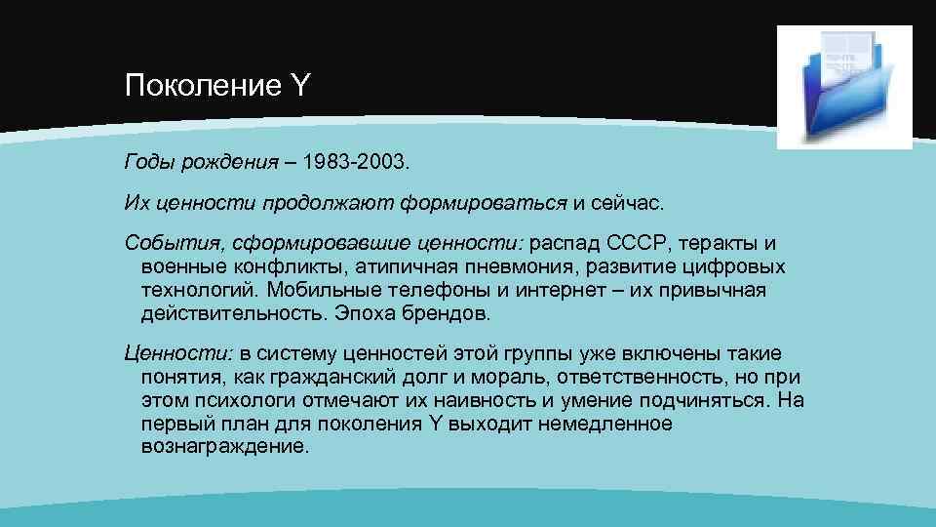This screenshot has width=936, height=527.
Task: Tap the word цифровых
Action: (737, 267)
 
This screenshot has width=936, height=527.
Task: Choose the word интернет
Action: (561, 292)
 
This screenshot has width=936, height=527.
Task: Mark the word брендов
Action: (451, 316)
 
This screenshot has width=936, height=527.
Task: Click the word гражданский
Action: (349, 377)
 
